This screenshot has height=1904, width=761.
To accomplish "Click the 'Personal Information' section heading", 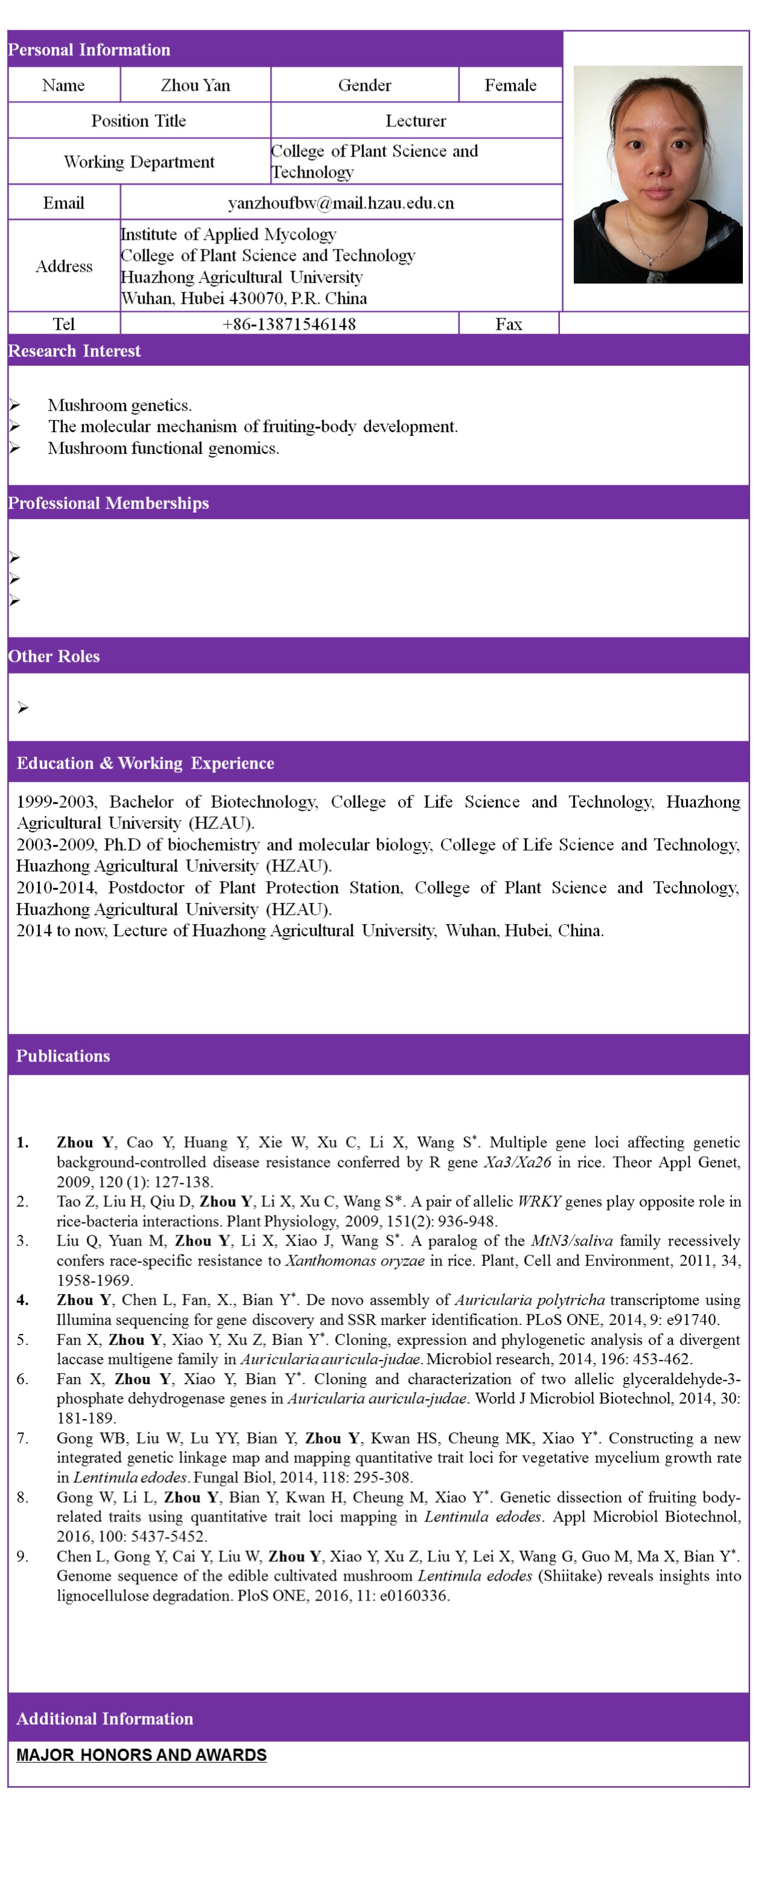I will coord(89,50).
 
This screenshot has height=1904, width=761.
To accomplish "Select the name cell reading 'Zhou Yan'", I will coord(195,85).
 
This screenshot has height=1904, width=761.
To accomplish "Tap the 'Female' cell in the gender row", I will coord(510,85).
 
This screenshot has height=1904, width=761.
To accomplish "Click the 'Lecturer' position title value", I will coord(415,120).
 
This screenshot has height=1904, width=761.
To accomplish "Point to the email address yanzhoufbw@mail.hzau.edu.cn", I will coord(341,202).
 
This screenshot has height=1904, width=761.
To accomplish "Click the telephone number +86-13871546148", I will coord(289,324).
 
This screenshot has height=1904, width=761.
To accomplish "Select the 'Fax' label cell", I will coord(509,324).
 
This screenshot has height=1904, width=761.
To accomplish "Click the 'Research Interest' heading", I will coord(74,351).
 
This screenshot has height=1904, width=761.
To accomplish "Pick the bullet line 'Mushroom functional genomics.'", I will coord(163,448).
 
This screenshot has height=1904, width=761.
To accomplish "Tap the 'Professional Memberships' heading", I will coord(108,504).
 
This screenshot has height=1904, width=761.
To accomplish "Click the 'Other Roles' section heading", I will coord(53,656).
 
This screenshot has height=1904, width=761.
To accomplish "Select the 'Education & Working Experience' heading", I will coord(145,763).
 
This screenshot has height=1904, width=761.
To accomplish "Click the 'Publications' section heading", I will coord(63,1055).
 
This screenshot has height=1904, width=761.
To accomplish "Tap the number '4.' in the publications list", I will coord(23,1300).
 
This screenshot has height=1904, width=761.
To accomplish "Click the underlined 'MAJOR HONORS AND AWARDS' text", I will coord(141,1755).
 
